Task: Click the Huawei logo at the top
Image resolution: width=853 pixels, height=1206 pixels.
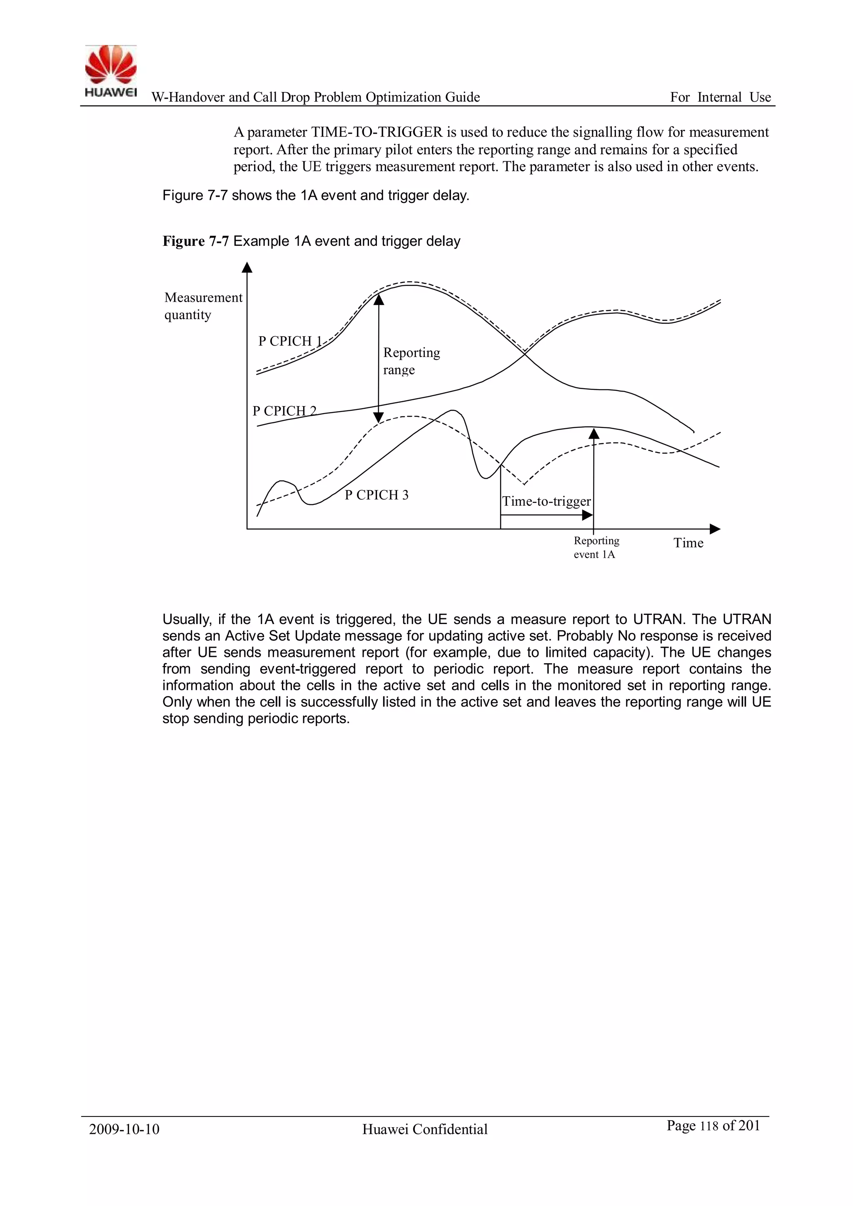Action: (111, 71)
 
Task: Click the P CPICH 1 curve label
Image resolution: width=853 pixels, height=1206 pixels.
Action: (290, 342)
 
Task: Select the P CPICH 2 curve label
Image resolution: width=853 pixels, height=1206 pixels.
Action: (284, 411)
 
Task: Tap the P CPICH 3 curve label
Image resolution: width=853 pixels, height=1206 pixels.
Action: (376, 495)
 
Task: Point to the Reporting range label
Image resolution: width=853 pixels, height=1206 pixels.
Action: (411, 361)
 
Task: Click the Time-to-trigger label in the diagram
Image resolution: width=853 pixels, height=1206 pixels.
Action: (546, 501)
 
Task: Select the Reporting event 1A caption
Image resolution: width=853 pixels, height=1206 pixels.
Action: (596, 547)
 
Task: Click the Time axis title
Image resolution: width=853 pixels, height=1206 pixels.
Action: (688, 543)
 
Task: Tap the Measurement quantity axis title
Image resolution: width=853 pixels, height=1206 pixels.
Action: (203, 306)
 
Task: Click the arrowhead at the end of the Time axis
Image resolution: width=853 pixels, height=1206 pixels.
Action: (716, 529)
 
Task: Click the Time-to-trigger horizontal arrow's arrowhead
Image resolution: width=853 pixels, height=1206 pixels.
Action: (588, 515)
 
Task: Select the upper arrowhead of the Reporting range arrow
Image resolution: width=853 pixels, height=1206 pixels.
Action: (379, 300)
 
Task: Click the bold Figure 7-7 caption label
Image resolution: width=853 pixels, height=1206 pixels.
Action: (195, 241)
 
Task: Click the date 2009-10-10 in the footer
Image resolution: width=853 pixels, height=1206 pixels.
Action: (124, 1129)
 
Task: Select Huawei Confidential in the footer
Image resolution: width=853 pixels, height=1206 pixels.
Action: (424, 1129)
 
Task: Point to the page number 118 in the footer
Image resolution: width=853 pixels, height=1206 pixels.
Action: (708, 1126)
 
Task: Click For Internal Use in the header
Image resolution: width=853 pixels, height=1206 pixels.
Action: (720, 97)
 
